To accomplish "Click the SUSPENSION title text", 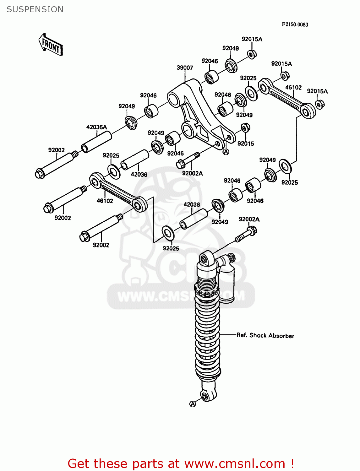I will pyautogui.click(x=35, y=9).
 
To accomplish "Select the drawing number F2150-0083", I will pyautogui.click(x=295, y=24).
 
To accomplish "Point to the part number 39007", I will pyautogui.click(x=185, y=68).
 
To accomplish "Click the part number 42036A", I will pyautogui.click(x=96, y=127).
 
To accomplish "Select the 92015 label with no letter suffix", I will pyautogui.click(x=246, y=143).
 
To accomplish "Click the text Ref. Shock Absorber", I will pyautogui.click(x=265, y=335).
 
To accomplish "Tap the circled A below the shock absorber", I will pyautogui.click(x=193, y=404).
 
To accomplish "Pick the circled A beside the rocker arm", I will pyautogui.click(x=226, y=152).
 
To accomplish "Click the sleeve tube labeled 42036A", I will pyautogui.click(x=96, y=142).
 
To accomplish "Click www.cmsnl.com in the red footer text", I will pyautogui.click(x=234, y=463).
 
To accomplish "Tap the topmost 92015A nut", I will pyautogui.click(x=251, y=54).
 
